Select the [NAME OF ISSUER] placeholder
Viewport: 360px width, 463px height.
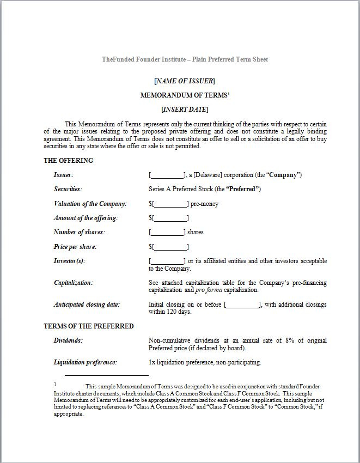(185, 81)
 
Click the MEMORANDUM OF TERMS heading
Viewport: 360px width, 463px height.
(184, 95)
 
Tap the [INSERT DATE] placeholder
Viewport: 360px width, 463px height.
(185, 109)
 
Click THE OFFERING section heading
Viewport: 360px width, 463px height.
(69, 161)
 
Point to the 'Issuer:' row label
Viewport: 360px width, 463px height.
(63, 175)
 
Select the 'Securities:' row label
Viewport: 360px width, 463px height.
(68, 189)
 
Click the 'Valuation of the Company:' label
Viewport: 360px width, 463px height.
(90, 204)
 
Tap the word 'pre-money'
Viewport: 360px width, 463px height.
(205, 204)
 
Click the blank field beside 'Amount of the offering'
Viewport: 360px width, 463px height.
(170, 218)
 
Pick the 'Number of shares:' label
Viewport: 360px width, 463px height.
(79, 232)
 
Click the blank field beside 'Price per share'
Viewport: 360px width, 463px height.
(170, 247)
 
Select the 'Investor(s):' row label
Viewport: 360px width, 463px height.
(69, 261)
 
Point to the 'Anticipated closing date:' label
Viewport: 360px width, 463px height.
(87, 304)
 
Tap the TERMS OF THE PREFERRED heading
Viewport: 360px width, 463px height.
(89, 326)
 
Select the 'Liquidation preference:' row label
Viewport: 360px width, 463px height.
(85, 362)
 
